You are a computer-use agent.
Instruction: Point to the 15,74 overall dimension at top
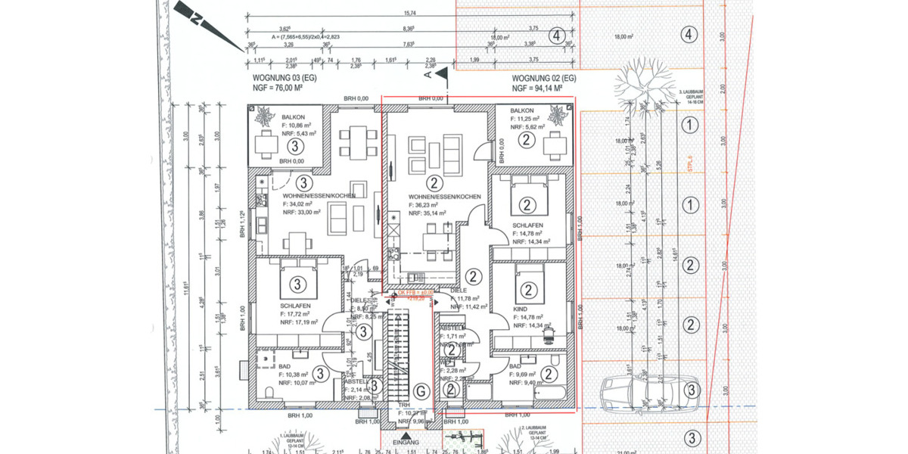411,13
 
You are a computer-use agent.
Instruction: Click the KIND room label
521,309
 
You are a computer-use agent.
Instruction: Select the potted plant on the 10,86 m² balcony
265,117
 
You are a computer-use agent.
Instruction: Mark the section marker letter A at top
428,76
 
